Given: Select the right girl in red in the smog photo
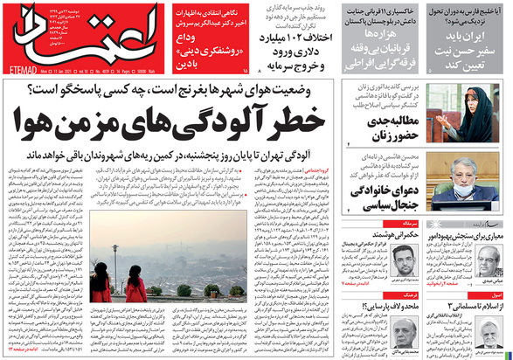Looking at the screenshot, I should point(135,287).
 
